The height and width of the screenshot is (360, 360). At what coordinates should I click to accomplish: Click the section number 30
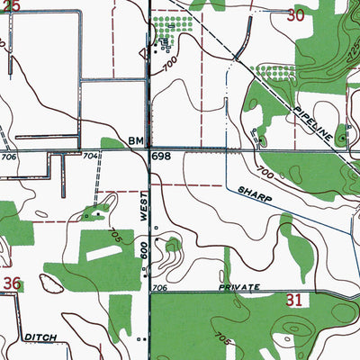pyautogui.click(x=296, y=14)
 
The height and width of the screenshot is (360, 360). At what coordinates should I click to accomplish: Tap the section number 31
pyautogui.click(x=293, y=301)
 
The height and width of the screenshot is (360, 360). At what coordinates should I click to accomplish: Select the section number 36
pyautogui.click(x=11, y=284)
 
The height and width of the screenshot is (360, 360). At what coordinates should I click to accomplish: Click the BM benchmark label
pyautogui.click(x=136, y=141)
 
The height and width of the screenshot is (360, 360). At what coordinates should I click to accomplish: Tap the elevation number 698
pyautogui.click(x=161, y=157)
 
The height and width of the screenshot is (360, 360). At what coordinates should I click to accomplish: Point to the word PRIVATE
pyautogui.click(x=238, y=288)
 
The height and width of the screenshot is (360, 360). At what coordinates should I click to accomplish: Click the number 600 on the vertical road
pyautogui.click(x=145, y=251)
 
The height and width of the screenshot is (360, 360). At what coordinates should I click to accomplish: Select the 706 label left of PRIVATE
pyautogui.click(x=160, y=288)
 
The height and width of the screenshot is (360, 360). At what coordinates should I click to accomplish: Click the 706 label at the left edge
pyautogui.click(x=9, y=157)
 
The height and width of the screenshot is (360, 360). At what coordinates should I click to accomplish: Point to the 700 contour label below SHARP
pyautogui.click(x=264, y=171)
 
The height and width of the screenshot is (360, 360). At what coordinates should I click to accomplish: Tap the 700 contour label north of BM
pyautogui.click(x=169, y=66)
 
